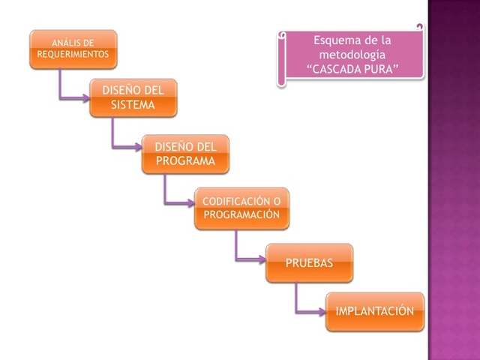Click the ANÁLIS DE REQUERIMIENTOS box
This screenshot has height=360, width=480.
click(x=73, y=49)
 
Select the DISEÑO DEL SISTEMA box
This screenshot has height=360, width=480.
click(x=133, y=97)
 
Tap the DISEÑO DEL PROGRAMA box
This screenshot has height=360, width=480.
click(x=185, y=154)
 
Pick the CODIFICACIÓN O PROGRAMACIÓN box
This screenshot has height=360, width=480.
click(x=241, y=208)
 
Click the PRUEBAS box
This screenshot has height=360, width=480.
click(x=309, y=262)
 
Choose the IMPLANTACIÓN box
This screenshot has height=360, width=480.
click(x=374, y=310)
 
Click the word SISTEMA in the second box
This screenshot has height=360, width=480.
click(x=133, y=105)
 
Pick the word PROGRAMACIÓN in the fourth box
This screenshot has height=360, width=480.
click(x=241, y=214)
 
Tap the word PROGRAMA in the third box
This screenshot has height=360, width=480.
click(x=185, y=160)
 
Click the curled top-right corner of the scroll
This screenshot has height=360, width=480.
click(x=420, y=28)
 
